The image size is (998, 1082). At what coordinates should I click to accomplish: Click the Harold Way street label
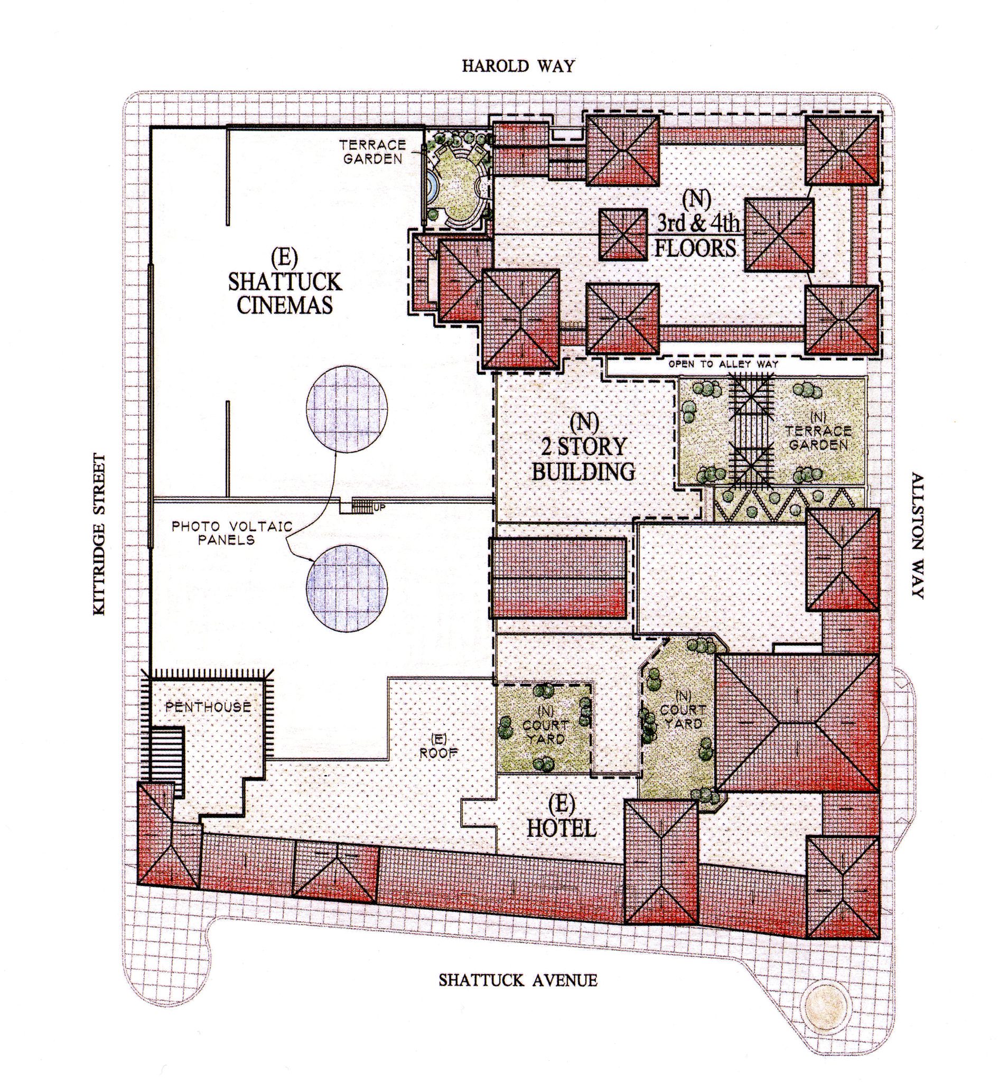click(x=518, y=67)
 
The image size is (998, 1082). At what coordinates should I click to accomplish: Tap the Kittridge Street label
click(x=99, y=535)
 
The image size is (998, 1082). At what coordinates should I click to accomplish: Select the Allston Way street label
click(x=918, y=536)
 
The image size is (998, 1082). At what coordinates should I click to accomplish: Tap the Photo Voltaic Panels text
click(x=232, y=533)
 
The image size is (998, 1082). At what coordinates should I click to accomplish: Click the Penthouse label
click(x=208, y=707)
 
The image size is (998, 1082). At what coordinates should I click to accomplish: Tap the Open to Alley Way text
click(x=723, y=364)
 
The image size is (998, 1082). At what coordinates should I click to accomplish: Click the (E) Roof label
click(x=438, y=745)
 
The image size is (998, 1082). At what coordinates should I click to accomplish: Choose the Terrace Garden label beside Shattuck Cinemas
click(x=372, y=152)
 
